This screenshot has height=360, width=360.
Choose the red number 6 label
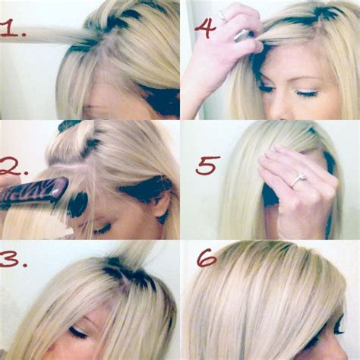(207, 257)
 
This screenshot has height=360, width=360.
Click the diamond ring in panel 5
(299, 179)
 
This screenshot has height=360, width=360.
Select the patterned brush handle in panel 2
(34, 193)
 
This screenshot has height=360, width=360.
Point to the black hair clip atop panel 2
(68, 125)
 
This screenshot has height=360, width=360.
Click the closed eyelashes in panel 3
(78, 333)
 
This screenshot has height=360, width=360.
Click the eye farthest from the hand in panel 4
(308, 93)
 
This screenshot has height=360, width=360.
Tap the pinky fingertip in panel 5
(278, 147)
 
